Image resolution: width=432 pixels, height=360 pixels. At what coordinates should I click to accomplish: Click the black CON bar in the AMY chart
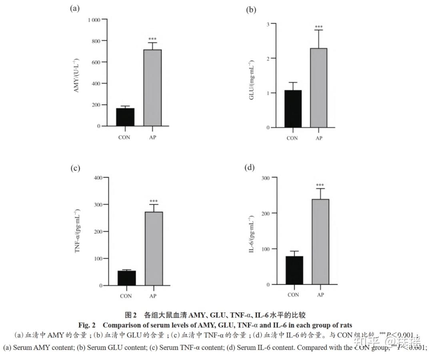point(126,117)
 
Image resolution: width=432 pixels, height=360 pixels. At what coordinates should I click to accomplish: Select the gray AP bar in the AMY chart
point(152,88)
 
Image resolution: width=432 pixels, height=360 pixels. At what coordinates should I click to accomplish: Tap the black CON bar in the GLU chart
point(293,109)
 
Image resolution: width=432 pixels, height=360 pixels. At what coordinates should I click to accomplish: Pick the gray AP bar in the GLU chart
point(319,88)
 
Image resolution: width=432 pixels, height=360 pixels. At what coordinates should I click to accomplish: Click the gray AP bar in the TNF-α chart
point(154,249)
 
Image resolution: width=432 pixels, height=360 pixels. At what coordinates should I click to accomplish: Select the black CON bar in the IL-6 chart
point(294,270)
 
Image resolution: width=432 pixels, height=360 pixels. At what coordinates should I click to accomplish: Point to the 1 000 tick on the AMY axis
point(94,20)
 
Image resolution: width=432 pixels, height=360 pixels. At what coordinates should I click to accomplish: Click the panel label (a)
point(75,8)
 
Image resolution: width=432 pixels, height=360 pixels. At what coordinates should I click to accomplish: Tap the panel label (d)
point(249,167)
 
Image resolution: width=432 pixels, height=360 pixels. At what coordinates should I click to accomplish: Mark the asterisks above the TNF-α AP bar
point(154,201)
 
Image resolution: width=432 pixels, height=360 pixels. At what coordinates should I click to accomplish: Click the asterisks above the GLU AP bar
point(319,27)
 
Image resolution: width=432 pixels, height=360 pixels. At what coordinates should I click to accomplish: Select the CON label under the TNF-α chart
point(126,296)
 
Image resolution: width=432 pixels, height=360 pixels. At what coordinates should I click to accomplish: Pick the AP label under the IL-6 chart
point(320,295)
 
